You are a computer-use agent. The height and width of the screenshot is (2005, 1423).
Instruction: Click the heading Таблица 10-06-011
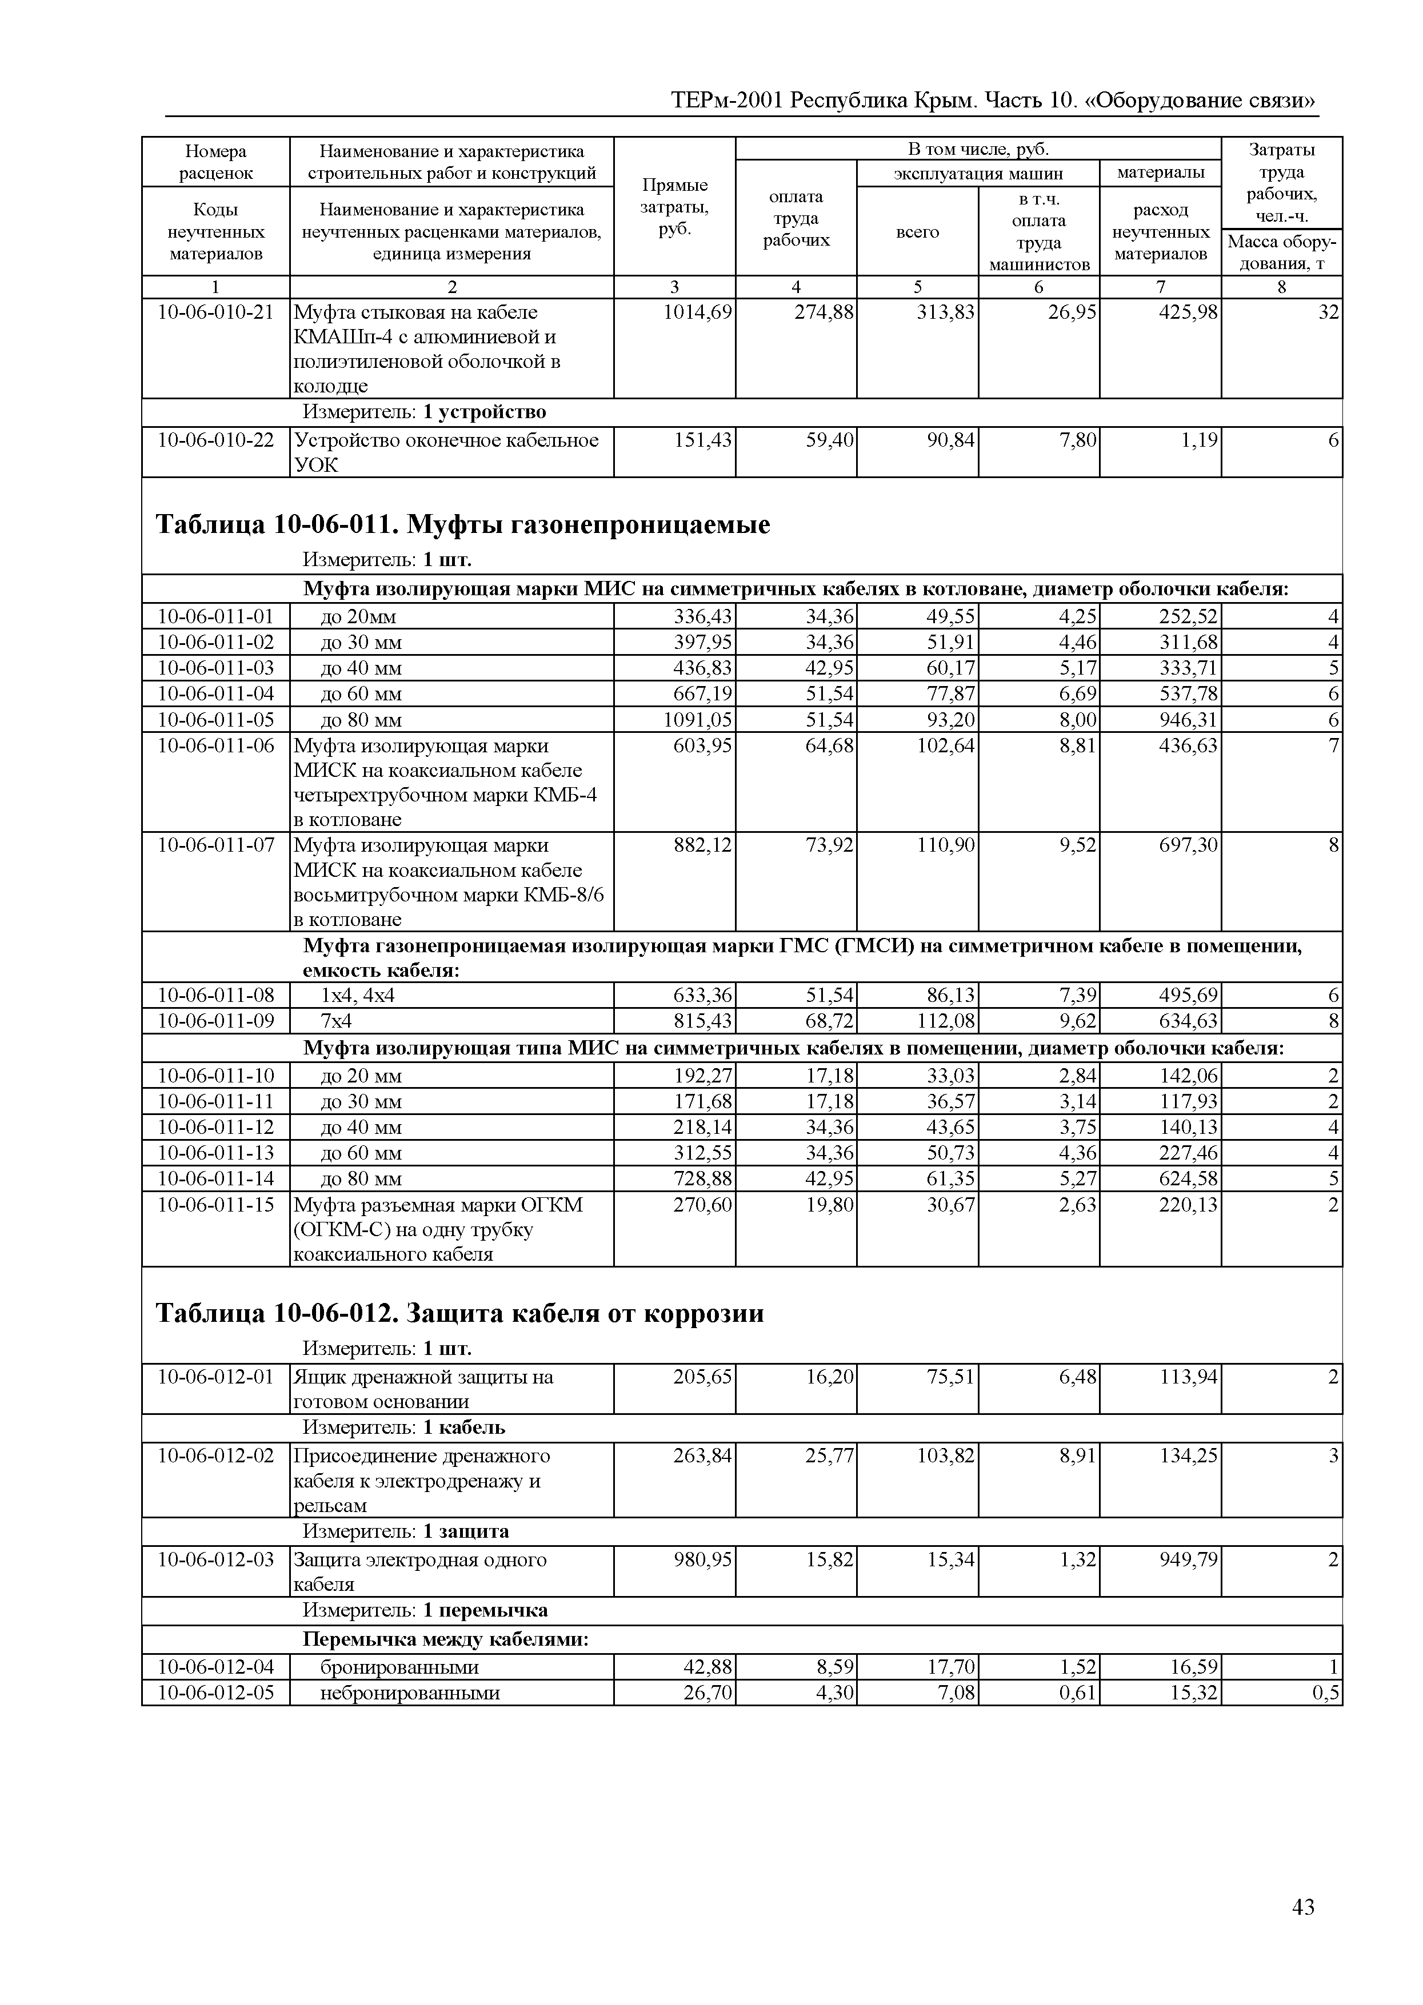tap(463, 525)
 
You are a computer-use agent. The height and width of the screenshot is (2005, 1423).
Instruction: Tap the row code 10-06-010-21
tap(215, 312)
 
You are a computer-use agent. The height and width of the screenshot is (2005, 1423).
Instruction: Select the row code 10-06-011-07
tap(215, 845)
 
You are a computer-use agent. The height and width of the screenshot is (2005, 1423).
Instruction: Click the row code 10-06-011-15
tap(215, 1205)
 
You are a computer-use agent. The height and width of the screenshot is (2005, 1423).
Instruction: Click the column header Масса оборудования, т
tap(1281, 253)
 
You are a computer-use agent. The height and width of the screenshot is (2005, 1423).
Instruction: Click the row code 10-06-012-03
tap(215, 1560)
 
